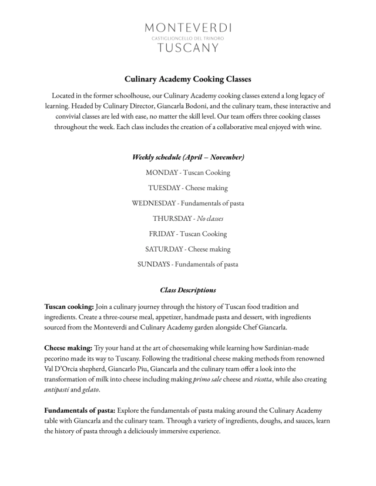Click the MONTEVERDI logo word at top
[188, 28]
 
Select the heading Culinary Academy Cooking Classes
[188, 79]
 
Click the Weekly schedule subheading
[188, 157]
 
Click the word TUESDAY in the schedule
[164, 188]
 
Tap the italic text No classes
[210, 218]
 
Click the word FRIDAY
[162, 234]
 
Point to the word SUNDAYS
[154, 264]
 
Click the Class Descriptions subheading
[188, 290]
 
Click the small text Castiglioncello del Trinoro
[188, 38]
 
